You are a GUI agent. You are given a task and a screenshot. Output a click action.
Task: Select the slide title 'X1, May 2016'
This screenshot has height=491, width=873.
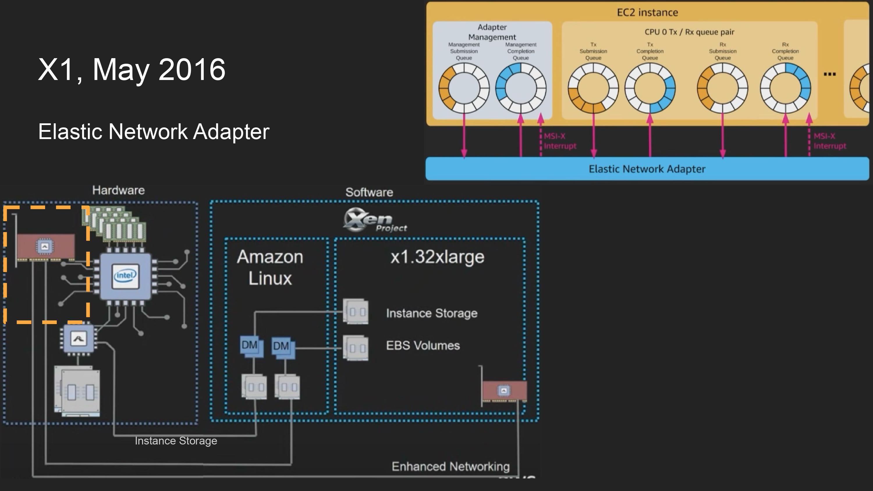pos(132,70)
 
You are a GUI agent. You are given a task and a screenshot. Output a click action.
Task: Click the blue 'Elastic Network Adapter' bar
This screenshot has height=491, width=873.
pos(647,169)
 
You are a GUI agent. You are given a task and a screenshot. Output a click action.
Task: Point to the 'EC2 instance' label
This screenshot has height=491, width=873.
pos(647,13)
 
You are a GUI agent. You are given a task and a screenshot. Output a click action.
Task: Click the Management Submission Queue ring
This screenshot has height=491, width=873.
pos(464,88)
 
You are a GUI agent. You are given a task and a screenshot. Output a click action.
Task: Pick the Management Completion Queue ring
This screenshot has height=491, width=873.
pos(521,88)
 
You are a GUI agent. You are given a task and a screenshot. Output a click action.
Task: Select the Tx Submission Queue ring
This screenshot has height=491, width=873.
pos(593,88)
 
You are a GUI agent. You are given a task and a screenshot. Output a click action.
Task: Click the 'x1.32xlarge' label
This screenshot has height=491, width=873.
pos(437,257)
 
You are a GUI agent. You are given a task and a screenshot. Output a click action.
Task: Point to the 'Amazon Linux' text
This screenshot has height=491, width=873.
pos(270,268)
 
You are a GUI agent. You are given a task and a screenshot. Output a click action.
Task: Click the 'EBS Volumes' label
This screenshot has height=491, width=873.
pos(423,345)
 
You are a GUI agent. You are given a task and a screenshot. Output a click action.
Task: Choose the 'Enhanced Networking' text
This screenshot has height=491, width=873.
pos(450,467)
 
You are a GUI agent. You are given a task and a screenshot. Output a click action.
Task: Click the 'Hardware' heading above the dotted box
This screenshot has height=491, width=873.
pos(118,191)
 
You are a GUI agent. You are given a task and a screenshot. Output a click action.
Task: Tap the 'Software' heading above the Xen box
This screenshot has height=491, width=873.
pos(369,193)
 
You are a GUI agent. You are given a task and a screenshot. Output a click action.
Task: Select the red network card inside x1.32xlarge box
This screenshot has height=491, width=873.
pos(504,392)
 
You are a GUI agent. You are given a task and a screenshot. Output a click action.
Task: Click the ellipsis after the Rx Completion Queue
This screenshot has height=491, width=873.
pos(830,74)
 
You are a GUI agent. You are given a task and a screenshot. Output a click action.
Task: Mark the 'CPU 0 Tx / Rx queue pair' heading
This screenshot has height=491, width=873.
pos(689,32)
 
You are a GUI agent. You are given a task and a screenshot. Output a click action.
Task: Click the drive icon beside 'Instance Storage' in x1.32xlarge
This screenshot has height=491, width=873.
pos(356,312)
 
